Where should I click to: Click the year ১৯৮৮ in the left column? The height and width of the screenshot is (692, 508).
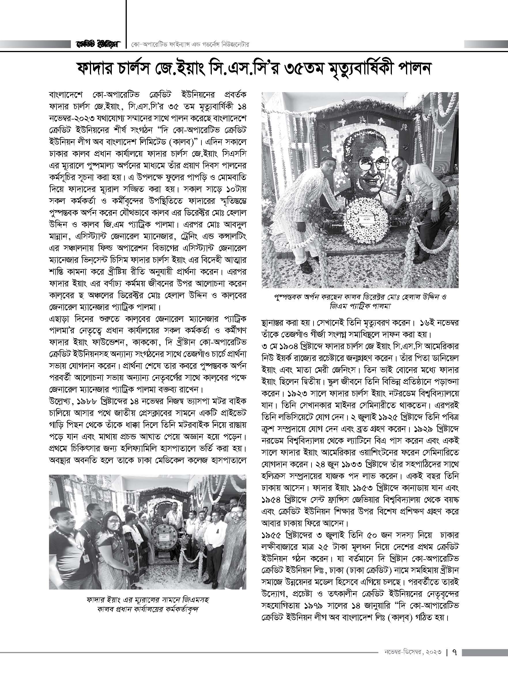(97, 402)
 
